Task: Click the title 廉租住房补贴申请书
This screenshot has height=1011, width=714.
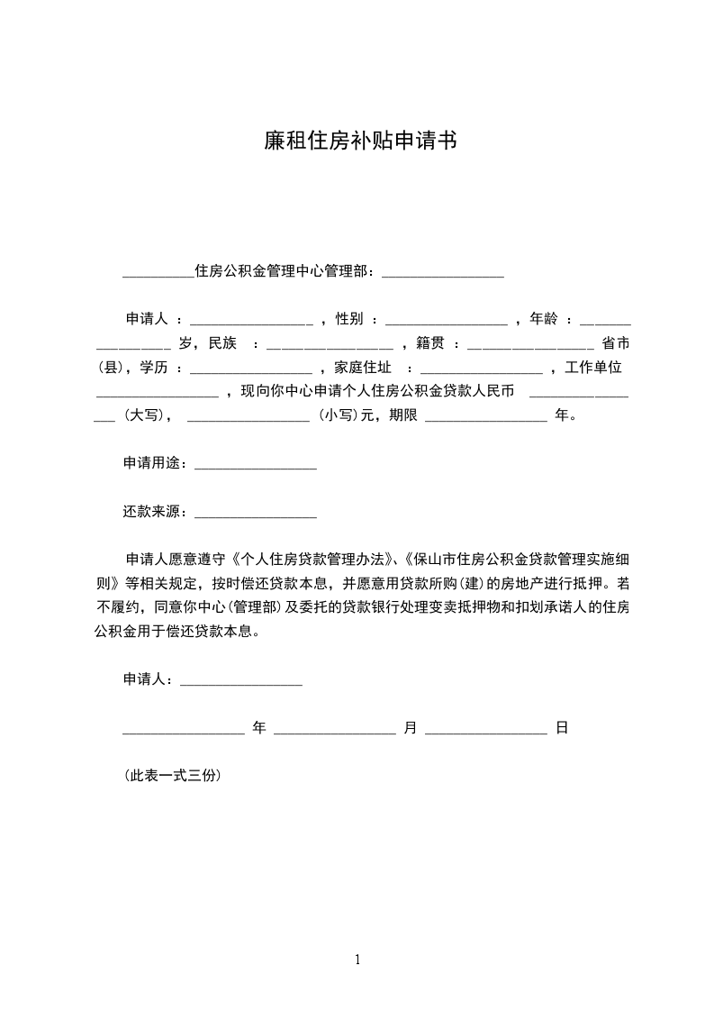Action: pyautogui.click(x=357, y=141)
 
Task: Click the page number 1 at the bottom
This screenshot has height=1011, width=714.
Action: pyautogui.click(x=357, y=959)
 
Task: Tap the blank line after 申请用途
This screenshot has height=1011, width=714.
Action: pyautogui.click(x=256, y=465)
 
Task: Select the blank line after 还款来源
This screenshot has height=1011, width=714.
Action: pyautogui.click(x=256, y=515)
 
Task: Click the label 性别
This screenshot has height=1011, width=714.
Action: pyautogui.click(x=349, y=319)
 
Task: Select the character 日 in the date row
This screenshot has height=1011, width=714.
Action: pyautogui.click(x=561, y=728)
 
